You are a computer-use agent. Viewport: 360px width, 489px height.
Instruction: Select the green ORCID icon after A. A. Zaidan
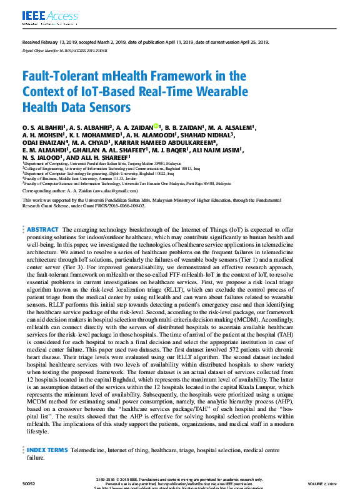click(x=156, y=127)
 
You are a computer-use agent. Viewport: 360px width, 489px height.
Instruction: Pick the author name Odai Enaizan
click(x=44, y=142)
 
